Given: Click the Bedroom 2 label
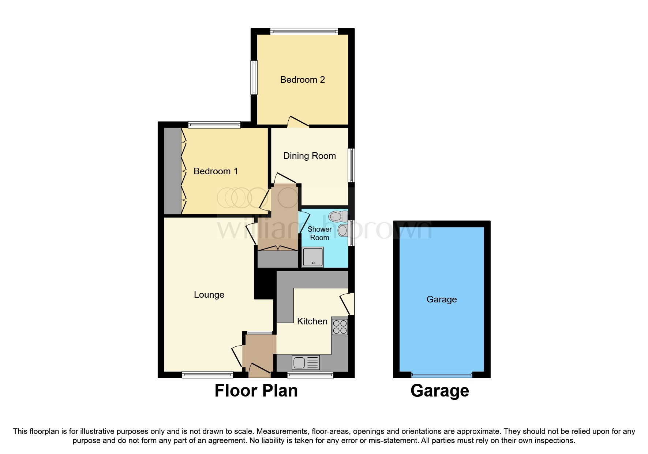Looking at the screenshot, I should [302, 80].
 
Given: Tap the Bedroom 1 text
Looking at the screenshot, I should [216, 171].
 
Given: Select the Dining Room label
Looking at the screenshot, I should [310, 156].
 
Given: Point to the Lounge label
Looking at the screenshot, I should [209, 295].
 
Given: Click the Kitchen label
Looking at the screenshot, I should [312, 321].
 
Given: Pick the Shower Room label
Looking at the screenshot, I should [319, 234].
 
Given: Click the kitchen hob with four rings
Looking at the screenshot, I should [340, 327].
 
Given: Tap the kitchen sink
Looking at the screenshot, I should [306, 362].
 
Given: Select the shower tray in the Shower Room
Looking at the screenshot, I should [313, 257].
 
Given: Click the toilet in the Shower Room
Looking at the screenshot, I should [338, 216].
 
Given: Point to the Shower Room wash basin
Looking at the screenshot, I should [343, 231].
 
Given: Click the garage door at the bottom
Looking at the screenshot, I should [442, 375].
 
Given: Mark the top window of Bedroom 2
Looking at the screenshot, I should [304, 32].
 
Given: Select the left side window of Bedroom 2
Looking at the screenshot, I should [254, 77].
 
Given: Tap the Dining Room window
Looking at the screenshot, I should [351, 165].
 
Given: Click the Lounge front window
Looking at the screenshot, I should [207, 375].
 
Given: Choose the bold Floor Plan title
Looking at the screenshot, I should [256, 391].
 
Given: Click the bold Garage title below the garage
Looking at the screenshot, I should [440, 391].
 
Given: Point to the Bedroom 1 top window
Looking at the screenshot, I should [214, 125].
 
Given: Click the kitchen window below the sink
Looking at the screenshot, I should [310, 375].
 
